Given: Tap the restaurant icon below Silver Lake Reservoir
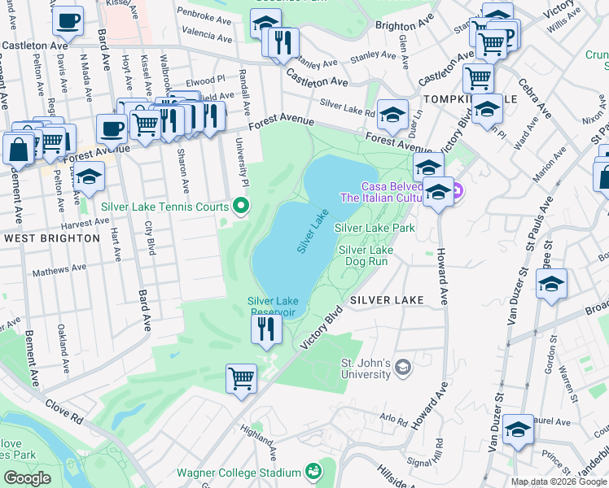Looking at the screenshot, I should (266, 329).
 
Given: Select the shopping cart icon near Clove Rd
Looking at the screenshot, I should (242, 378).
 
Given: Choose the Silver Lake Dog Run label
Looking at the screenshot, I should (366, 256).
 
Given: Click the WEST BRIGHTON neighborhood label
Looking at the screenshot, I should (51, 238).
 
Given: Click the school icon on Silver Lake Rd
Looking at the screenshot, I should (392, 115).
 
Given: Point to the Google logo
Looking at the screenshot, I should (28, 478).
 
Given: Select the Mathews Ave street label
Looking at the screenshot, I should (59, 268).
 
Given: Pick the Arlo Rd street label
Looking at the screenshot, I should (392, 420).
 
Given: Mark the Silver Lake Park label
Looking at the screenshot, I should (375, 229).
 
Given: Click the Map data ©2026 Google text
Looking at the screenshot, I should (559, 481).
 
